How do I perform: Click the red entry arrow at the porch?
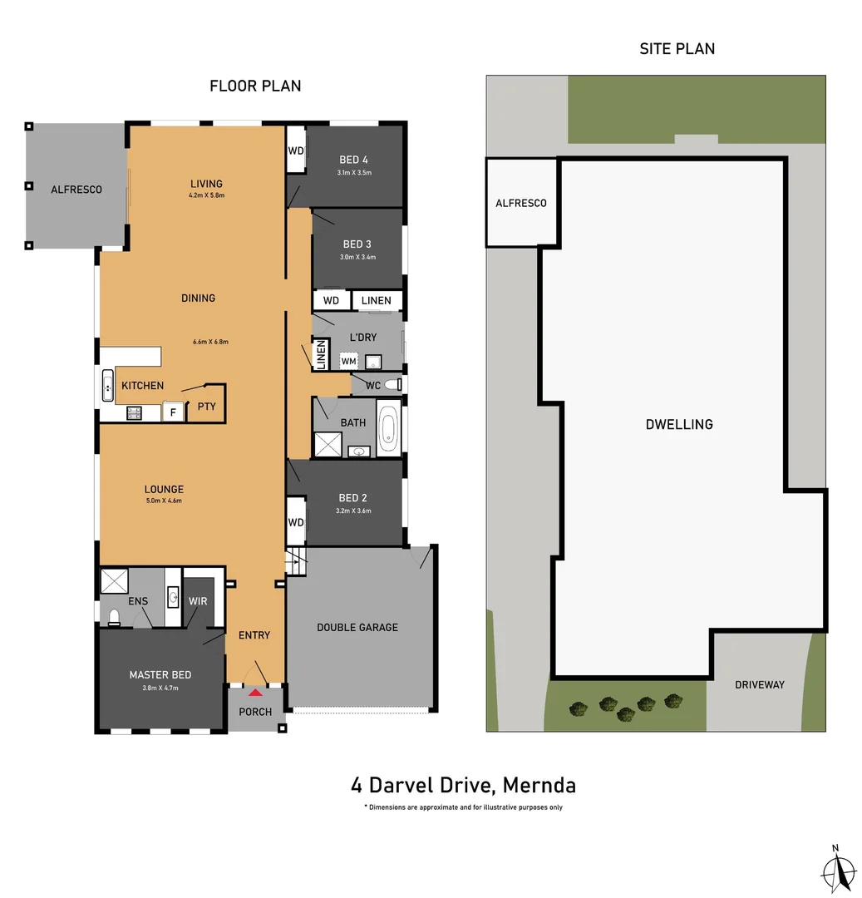tap(255, 692)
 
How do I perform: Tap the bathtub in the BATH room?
tap(388, 427)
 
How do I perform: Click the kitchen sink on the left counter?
tap(108, 387)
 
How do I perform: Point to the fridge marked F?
tap(173, 412)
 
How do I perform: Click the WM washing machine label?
tap(348, 362)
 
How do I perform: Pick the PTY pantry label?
tap(205, 407)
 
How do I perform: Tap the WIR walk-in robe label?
tap(198, 600)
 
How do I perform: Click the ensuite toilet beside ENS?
tap(114, 616)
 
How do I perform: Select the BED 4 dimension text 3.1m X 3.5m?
tap(353, 173)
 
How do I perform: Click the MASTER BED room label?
tap(160, 675)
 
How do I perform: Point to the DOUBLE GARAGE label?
tap(357, 627)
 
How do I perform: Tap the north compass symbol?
tap(840, 871)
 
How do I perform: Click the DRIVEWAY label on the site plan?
tap(759, 685)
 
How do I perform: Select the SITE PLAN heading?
tap(677, 48)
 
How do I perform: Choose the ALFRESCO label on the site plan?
tap(520, 203)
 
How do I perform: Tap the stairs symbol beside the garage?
tap(296, 562)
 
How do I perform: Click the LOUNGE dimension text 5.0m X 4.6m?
tap(163, 501)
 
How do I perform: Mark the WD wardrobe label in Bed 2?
tap(295, 522)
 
